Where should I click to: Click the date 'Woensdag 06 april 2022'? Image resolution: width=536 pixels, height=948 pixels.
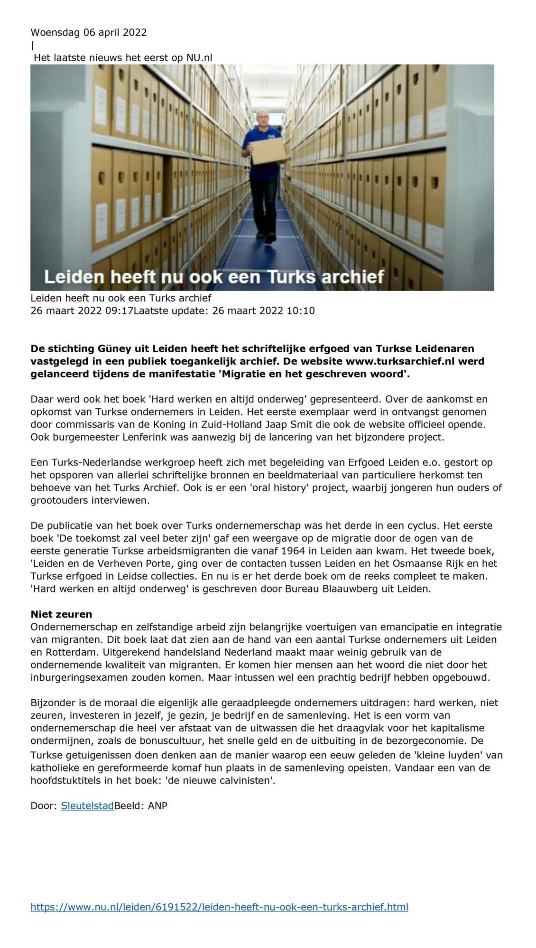point(89,32)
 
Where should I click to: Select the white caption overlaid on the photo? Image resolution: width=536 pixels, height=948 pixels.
point(214,276)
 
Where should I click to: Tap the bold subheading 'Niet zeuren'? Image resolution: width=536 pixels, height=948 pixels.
point(61,614)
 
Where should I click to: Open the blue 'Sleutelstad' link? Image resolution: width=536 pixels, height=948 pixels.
point(87,805)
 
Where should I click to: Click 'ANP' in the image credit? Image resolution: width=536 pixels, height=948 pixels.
point(157,805)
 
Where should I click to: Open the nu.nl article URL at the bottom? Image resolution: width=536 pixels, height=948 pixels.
point(219,907)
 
